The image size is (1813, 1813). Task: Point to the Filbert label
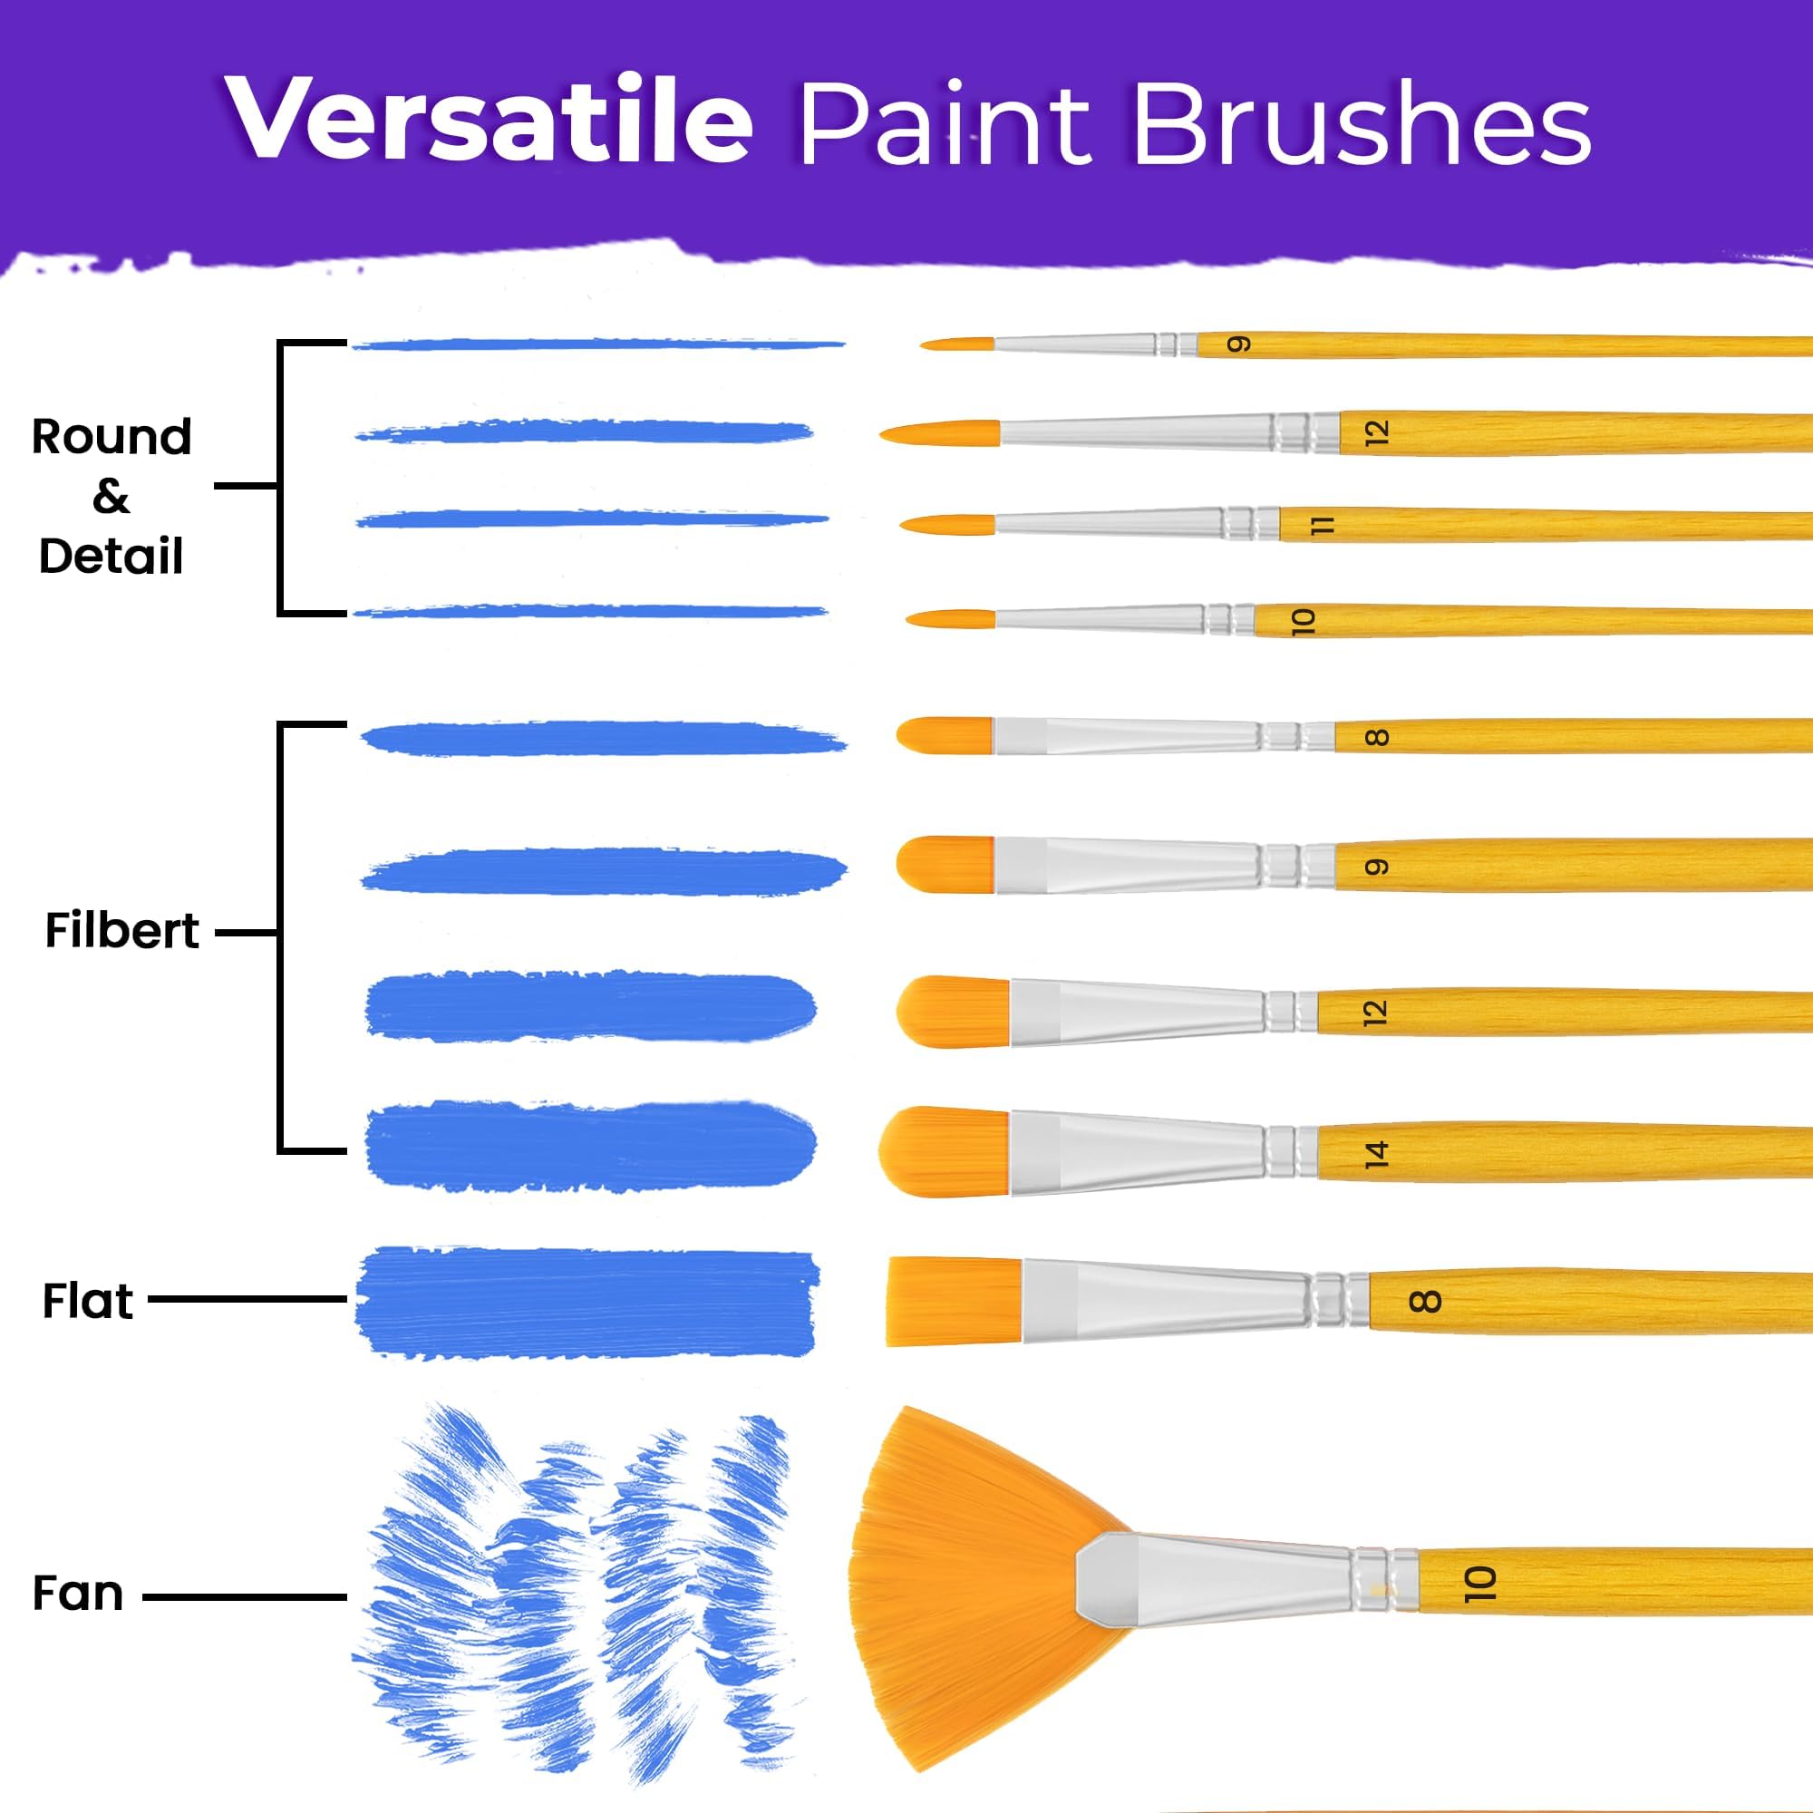tap(122, 931)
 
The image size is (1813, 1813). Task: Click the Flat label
tap(88, 1301)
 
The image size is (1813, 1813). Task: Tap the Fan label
tap(78, 1594)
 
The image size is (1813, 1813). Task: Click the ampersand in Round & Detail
tap(111, 497)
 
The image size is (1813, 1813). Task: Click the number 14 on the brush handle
tap(1376, 1153)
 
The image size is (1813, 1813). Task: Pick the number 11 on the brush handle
tap(1323, 527)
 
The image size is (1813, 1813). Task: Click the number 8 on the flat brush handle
tap(1424, 1301)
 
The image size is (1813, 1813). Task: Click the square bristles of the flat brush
tap(955, 1302)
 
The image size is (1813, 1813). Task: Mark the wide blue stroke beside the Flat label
tap(587, 1303)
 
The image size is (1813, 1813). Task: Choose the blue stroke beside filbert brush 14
tap(590, 1148)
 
